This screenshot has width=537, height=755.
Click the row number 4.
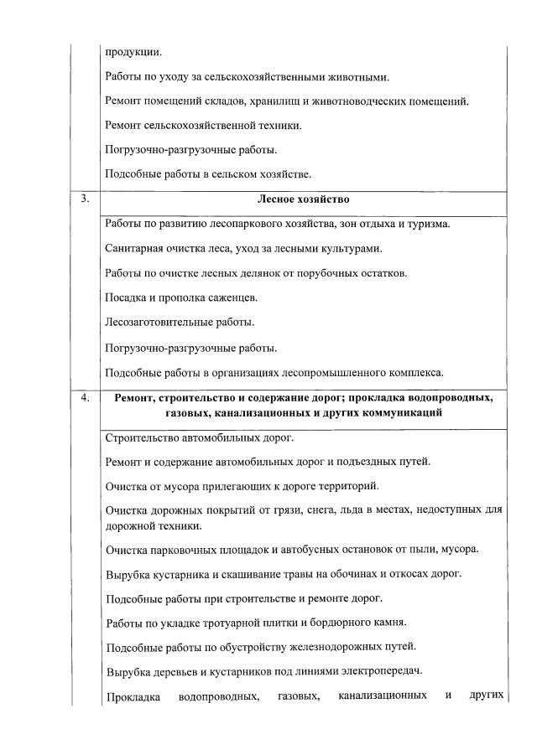point(85,398)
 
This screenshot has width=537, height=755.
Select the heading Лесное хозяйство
point(304,201)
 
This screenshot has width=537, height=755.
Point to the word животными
point(356,77)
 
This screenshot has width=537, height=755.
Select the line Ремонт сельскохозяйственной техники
point(203,126)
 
